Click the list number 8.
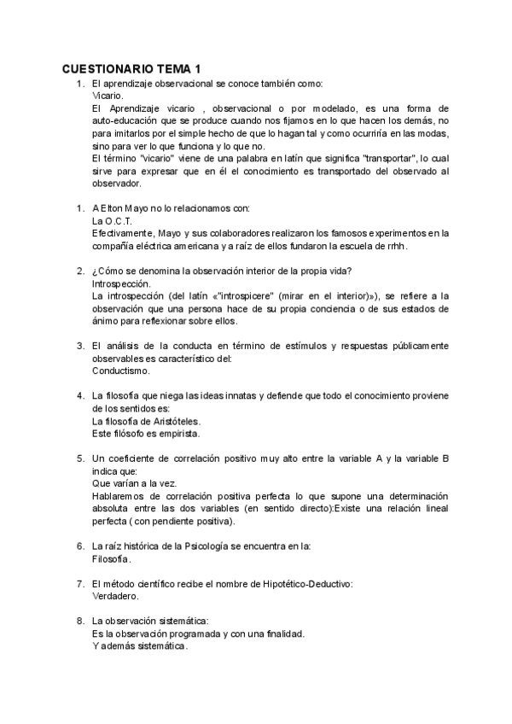point(79,621)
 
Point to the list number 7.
point(79,584)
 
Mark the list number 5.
point(79,458)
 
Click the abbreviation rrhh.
point(395,246)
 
